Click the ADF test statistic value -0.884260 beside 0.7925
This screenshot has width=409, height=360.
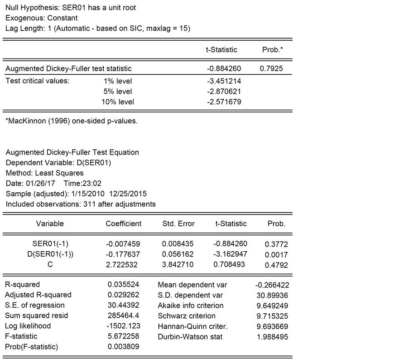point(223,68)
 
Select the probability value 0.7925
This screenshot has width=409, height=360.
point(272,68)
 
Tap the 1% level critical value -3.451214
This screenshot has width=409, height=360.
point(223,81)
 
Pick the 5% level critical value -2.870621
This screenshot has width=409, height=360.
point(223,92)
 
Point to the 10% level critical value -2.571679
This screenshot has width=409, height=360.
point(223,102)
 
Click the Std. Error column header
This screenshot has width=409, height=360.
point(178,224)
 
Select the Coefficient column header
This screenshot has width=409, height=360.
point(124,224)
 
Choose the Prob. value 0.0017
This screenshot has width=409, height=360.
point(276,255)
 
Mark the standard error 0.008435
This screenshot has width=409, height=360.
point(178,244)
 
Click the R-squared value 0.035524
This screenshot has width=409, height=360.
point(123,285)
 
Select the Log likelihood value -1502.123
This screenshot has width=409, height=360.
point(123,326)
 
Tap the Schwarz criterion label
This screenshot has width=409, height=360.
point(187,316)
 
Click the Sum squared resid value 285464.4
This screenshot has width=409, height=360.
point(123,316)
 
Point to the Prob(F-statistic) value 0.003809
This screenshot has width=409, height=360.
point(123,347)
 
